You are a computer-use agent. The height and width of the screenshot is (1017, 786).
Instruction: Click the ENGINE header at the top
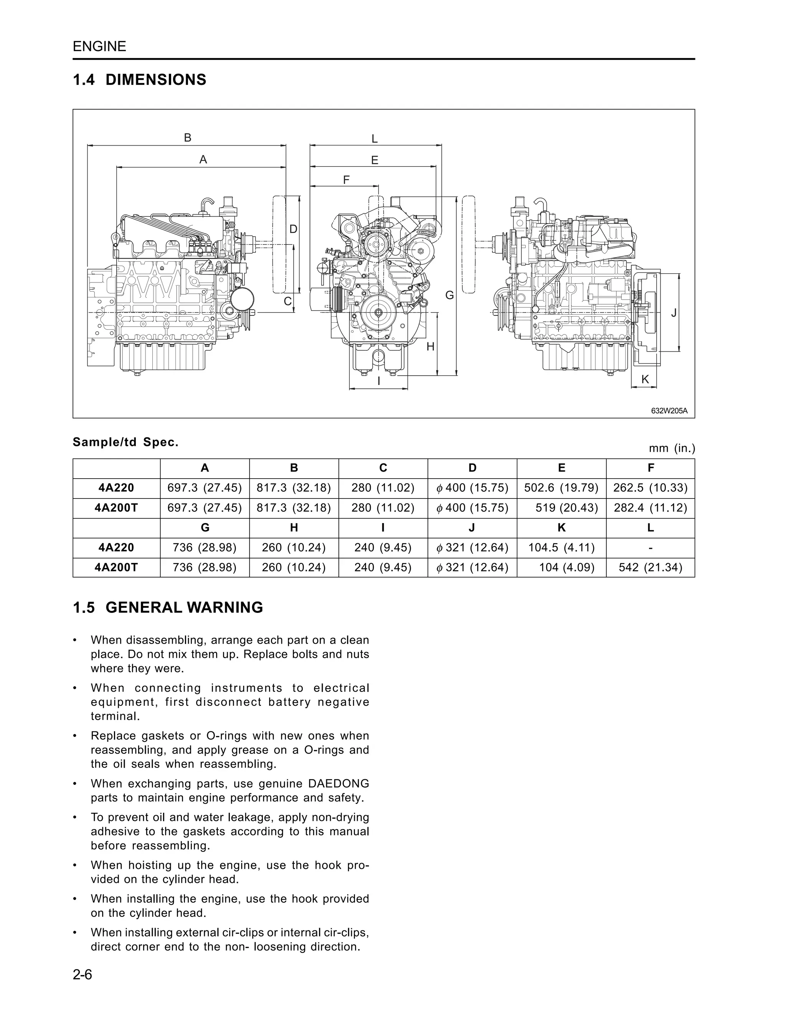coord(99,46)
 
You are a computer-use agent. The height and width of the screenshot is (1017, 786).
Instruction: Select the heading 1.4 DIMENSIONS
coord(140,80)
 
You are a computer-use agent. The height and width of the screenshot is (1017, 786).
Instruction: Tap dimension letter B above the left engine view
coord(188,138)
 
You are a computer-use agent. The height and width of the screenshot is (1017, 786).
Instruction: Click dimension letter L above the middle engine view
coord(374,139)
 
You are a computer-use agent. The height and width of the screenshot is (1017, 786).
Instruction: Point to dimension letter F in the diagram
coord(346,180)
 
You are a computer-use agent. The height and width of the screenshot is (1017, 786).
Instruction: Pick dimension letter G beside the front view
coord(449,295)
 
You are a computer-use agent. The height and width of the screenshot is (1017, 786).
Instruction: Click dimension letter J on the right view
coord(674,314)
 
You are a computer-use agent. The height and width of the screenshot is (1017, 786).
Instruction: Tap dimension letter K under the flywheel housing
coord(645,380)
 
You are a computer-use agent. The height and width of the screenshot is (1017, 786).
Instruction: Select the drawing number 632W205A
coord(669,411)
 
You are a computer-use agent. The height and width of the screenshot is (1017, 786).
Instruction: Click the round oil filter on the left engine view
coord(243,299)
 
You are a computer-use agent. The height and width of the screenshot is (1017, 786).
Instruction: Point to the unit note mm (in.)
coord(672,448)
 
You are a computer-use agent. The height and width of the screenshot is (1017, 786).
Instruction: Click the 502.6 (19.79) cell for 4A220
coord(561,488)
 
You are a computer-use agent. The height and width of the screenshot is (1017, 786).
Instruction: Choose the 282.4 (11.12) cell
coord(650,508)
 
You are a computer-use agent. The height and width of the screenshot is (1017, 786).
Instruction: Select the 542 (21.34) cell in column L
coord(650,567)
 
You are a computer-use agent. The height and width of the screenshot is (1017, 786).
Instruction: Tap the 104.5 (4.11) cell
coord(561,548)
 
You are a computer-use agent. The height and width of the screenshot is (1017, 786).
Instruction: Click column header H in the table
coord(294,528)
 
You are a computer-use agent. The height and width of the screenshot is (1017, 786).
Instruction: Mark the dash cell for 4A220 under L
coord(650,548)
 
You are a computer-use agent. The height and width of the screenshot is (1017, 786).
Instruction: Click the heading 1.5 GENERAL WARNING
coord(168,608)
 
